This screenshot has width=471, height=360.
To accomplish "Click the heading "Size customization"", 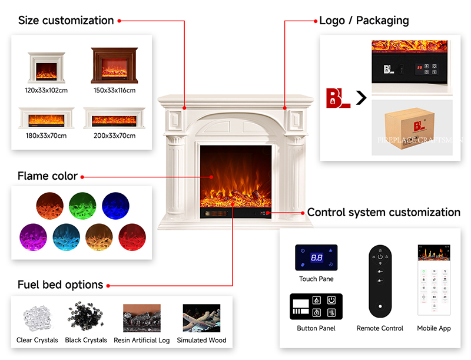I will point(65,21).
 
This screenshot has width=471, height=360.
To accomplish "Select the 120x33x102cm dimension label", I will point(46,90).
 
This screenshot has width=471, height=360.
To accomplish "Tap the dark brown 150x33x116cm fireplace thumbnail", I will point(114,65).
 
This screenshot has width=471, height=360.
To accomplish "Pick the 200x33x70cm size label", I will point(114,136).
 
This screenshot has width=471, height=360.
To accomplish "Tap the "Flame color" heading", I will point(47,176).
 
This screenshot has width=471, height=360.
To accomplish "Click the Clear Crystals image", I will point(37,318).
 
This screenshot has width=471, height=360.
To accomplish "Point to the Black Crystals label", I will point(86,340).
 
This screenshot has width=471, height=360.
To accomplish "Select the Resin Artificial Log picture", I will point(141,318).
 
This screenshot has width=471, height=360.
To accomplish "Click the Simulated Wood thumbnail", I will point(201,318).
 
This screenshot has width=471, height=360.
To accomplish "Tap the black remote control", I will point(380,280).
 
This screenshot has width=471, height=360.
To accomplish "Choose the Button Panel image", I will point(316,306).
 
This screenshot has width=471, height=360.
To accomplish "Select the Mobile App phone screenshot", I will point(433,280).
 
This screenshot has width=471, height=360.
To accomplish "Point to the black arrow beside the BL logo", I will point(361,98).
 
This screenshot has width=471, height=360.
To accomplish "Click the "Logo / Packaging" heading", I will point(364,21).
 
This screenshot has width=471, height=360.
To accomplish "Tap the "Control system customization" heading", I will point(384,212).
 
